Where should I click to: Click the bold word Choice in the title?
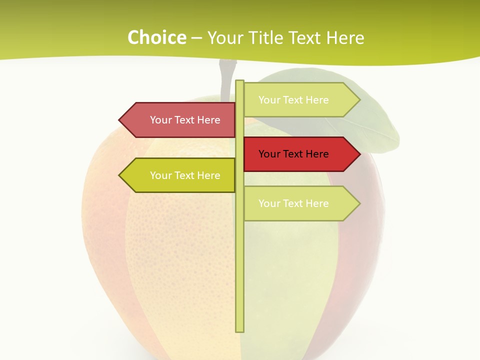coord(156,37)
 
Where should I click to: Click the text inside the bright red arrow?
coord(293,154)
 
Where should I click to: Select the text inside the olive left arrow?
coord(185,175)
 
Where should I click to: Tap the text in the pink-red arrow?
coord(185,120)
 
